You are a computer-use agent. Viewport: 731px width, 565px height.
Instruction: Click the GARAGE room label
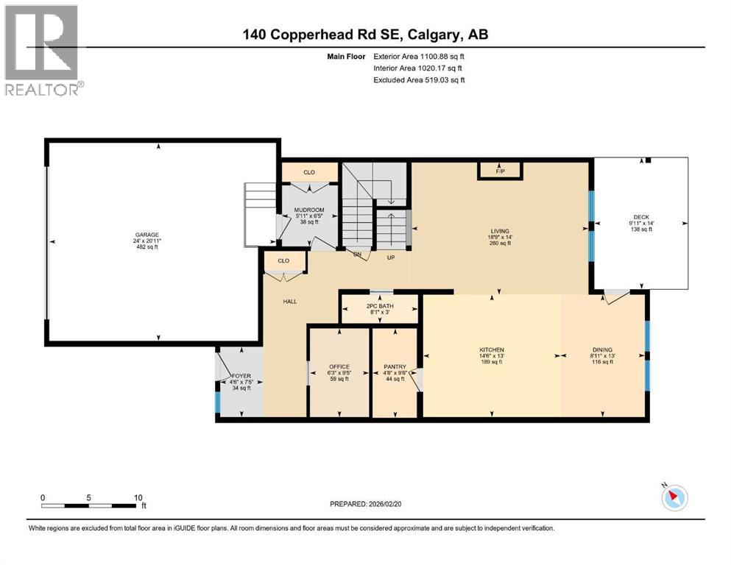(146, 235)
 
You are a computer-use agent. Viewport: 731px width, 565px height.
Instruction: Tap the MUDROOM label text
(309, 210)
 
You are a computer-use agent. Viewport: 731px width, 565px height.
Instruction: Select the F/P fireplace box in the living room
(500, 171)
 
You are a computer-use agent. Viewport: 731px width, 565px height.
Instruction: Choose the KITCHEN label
(492, 350)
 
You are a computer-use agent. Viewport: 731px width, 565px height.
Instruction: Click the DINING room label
(602, 350)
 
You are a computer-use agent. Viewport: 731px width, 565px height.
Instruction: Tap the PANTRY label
(395, 366)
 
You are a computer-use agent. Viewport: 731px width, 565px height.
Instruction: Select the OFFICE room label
(339, 366)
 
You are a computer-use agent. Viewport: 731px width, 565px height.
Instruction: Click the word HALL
(290, 301)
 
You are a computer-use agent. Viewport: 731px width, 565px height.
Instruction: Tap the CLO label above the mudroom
(309, 172)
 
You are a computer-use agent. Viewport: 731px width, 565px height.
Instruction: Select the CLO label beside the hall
(283, 261)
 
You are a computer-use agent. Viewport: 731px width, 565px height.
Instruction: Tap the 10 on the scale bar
(138, 497)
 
